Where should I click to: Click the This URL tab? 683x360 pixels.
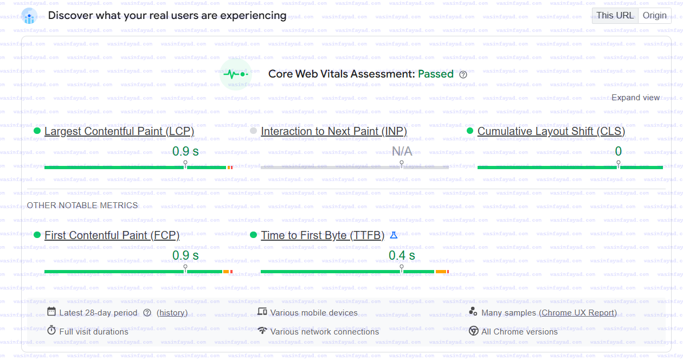click(x=615, y=16)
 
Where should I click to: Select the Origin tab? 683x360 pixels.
click(x=654, y=16)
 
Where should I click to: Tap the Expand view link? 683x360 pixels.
click(x=635, y=98)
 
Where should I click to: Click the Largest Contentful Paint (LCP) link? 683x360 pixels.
click(x=119, y=131)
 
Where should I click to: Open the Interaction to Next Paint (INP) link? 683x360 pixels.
click(x=333, y=131)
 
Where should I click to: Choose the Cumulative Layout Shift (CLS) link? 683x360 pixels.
click(x=551, y=131)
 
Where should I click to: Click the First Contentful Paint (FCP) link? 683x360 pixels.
click(x=112, y=235)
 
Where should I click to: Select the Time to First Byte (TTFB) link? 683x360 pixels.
click(x=323, y=235)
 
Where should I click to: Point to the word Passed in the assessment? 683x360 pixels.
click(x=435, y=74)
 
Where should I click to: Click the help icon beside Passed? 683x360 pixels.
click(x=463, y=75)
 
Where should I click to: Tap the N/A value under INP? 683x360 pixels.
click(x=402, y=151)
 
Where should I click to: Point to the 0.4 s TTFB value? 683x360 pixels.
click(x=402, y=255)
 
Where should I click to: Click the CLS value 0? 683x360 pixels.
click(x=618, y=151)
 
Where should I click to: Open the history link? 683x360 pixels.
click(x=172, y=313)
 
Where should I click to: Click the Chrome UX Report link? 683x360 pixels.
click(x=578, y=313)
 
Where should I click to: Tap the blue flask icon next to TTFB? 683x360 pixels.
click(x=394, y=235)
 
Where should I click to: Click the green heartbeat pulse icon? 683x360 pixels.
click(x=236, y=74)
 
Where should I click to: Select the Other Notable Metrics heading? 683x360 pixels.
click(x=82, y=205)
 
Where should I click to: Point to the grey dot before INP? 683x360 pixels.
click(x=253, y=131)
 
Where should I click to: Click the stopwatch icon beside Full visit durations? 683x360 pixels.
click(x=51, y=330)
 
